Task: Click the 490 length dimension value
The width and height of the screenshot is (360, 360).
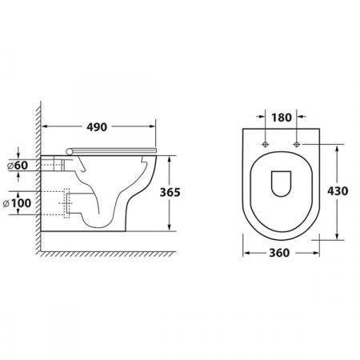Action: [97, 127]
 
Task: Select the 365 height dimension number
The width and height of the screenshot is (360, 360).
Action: [170, 192]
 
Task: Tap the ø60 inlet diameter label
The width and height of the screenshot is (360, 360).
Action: [18, 166]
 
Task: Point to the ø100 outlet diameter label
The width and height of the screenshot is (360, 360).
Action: [17, 203]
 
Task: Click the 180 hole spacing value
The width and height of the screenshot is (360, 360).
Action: [282, 118]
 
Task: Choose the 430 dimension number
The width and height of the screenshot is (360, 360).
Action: [338, 191]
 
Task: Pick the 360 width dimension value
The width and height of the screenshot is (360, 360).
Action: [279, 253]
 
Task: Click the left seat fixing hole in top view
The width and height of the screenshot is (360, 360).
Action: [265, 144]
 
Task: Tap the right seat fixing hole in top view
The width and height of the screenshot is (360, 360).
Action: [297, 144]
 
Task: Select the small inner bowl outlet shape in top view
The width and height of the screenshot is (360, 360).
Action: [281, 184]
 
